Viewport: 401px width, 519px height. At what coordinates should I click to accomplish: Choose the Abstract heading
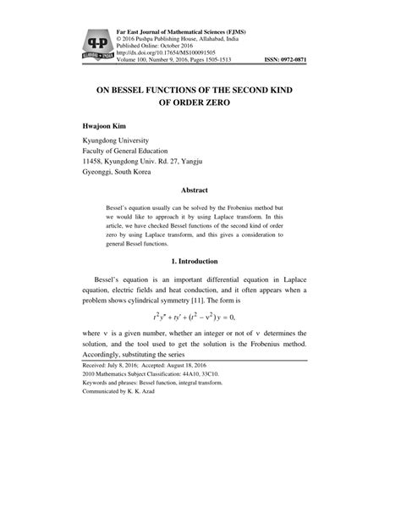[x=200, y=191]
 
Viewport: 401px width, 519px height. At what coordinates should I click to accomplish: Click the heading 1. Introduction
[x=200, y=262]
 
